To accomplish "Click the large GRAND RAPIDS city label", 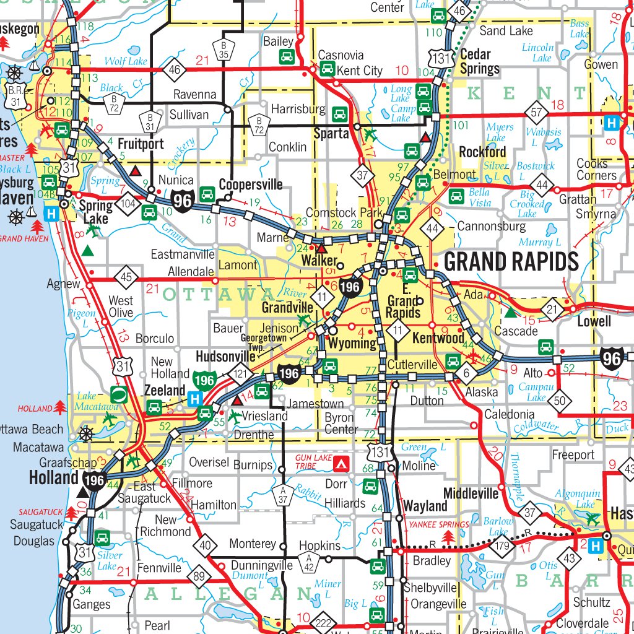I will click(x=511, y=262).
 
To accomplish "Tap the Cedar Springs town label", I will click(x=479, y=62).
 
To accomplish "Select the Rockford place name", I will click(x=482, y=152).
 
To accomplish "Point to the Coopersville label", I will click(x=251, y=185).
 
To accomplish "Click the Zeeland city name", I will click(x=165, y=390).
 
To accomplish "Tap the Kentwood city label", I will click(x=438, y=339).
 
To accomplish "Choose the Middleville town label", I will click(x=471, y=493).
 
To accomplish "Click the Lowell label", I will click(x=594, y=321).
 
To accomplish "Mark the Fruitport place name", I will click(x=140, y=144).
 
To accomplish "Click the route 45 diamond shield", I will click(x=126, y=277).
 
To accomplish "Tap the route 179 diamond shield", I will click(x=502, y=545).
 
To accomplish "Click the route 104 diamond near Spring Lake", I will click(x=129, y=202).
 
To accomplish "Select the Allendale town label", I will click(x=191, y=272).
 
